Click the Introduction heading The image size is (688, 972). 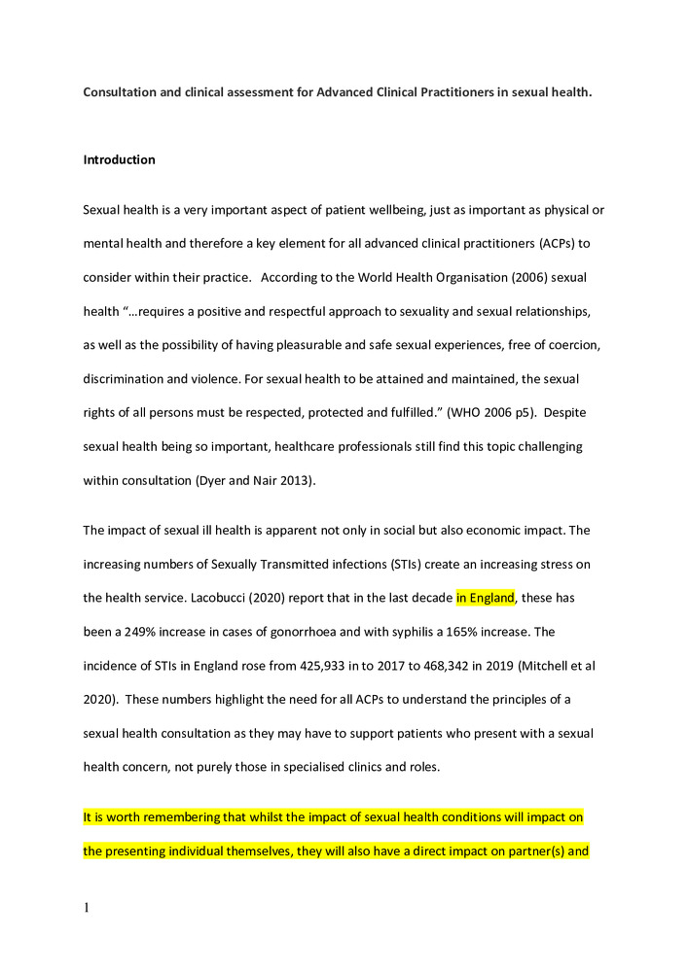119,159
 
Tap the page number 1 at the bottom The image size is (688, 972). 87,908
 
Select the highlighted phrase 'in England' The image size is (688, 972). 485,598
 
